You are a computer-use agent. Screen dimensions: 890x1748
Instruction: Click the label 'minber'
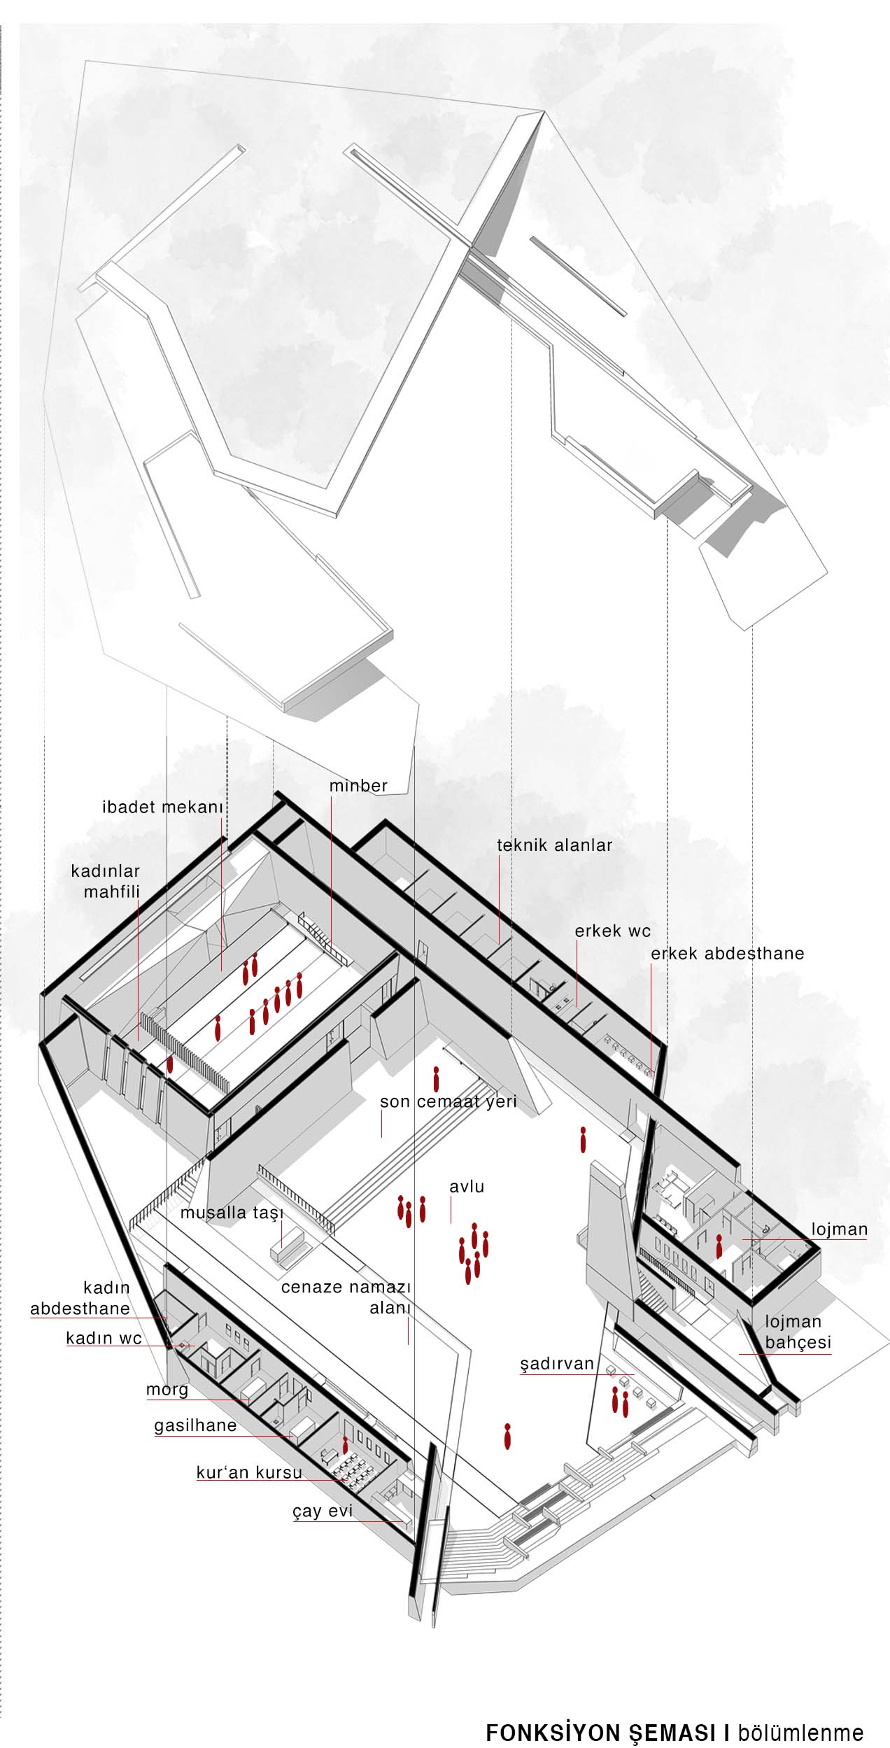click(358, 786)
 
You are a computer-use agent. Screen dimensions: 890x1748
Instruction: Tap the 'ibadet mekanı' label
click(162, 807)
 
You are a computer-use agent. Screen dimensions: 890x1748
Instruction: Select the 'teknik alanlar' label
click(555, 845)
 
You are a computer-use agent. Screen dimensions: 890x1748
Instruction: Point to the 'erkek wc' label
click(613, 931)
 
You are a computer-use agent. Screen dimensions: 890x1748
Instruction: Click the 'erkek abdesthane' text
click(728, 953)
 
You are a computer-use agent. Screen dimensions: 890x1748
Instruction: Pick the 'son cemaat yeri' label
click(448, 1101)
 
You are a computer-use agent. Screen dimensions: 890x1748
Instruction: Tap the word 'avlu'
click(467, 1187)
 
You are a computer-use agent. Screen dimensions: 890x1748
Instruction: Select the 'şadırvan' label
click(557, 1364)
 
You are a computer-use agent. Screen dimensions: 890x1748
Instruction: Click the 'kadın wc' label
click(104, 1339)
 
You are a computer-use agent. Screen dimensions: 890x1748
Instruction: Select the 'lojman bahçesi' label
click(798, 1332)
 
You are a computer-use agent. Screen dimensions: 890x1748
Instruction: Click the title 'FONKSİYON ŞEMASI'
click(607, 1728)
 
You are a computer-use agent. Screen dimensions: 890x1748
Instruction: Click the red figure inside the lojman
click(719, 1247)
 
